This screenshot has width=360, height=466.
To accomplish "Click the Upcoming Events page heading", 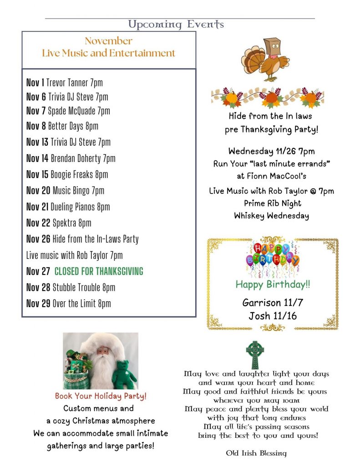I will pyautogui.click(x=176, y=24).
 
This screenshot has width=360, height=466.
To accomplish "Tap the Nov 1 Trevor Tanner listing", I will pyautogui.click(x=65, y=82).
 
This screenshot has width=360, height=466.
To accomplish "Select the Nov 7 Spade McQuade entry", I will pyautogui.click(x=68, y=111).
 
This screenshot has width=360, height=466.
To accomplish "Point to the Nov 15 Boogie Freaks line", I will pyautogui.click(x=67, y=174).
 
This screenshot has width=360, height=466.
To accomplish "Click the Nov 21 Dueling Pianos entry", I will pyautogui.click(x=68, y=207).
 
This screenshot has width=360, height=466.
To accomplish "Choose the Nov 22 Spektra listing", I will pyautogui.click(x=59, y=223).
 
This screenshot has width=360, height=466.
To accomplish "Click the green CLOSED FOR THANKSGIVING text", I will pyautogui.click(x=99, y=272).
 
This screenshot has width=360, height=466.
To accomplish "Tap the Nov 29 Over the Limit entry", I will pyautogui.click(x=68, y=304).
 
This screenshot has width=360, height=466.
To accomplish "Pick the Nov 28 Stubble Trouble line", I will pyautogui.click(x=71, y=287).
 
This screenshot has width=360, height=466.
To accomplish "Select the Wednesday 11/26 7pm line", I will pyautogui.click(x=271, y=151).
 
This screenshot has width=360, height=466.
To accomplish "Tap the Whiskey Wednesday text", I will pyautogui.click(x=271, y=216).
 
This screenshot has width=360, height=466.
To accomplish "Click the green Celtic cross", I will pyautogui.click(x=255, y=354).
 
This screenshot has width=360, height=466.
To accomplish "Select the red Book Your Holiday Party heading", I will pyautogui.click(x=101, y=396).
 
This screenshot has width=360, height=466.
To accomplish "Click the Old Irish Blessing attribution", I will pyautogui.click(x=256, y=453).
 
